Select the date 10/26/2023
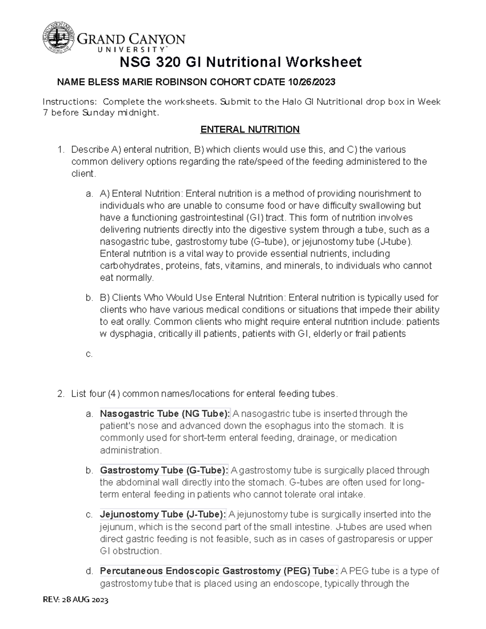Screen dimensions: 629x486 pyautogui.click(x=311, y=82)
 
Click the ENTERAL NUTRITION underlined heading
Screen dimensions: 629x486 pyautogui.click(x=250, y=130)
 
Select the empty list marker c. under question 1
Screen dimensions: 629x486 pyautogui.click(x=89, y=354)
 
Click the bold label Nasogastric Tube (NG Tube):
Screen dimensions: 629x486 pyautogui.click(x=165, y=414)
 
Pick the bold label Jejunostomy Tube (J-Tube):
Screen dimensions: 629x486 pyautogui.click(x=163, y=515)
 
